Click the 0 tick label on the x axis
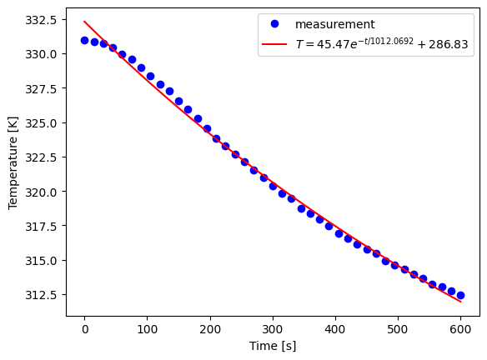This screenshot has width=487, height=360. click(x=84, y=329)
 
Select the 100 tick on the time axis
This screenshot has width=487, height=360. click(x=147, y=329)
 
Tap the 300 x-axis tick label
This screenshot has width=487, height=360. click(x=273, y=329)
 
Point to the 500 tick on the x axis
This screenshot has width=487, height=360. click(x=398, y=329)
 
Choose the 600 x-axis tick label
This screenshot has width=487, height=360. click(x=460, y=329)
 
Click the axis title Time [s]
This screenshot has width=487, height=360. click(x=272, y=345)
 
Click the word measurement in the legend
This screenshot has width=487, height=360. click(x=334, y=25)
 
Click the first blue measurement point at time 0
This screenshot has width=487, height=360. click(x=84, y=40)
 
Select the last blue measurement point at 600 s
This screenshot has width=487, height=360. click(x=460, y=295)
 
